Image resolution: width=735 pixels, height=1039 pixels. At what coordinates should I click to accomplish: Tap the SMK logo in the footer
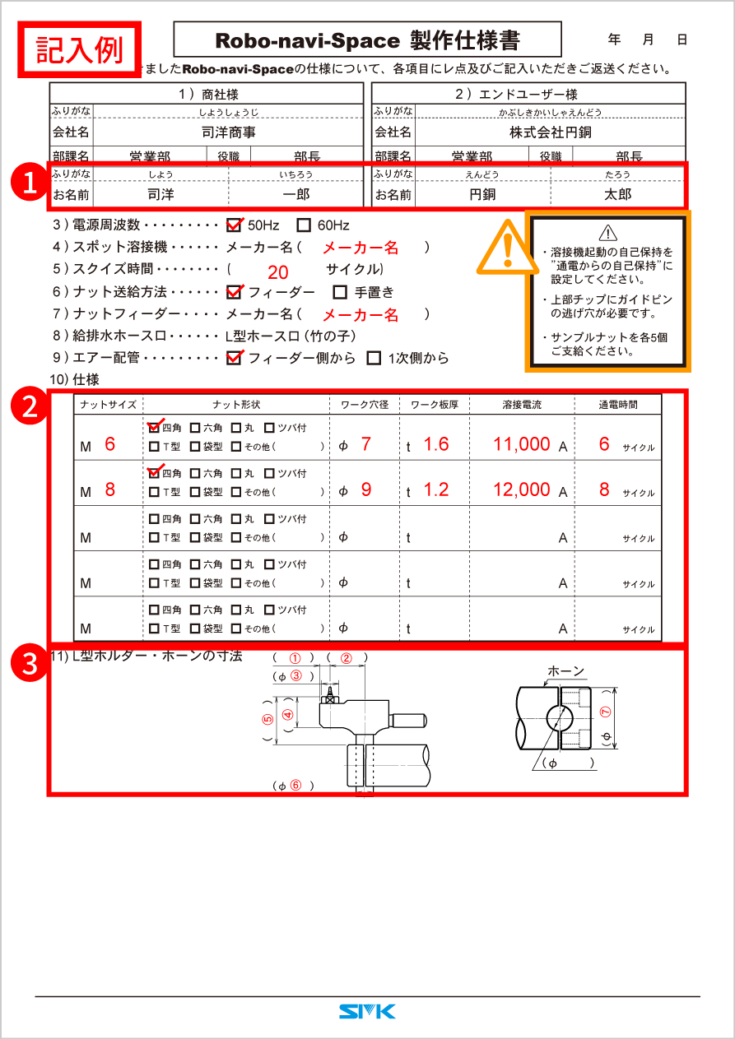tap(367, 1011)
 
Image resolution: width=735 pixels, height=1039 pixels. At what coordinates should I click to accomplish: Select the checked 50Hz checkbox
tap(235, 225)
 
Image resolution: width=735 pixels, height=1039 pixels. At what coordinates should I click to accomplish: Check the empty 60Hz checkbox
tap(304, 225)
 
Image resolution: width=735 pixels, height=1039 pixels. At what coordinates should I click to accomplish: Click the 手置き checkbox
tap(340, 291)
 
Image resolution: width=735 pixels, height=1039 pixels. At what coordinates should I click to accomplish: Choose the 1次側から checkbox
tap(374, 358)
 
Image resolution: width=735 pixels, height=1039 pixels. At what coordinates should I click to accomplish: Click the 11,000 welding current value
tap(522, 444)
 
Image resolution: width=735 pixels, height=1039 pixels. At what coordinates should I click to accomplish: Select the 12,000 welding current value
tap(522, 489)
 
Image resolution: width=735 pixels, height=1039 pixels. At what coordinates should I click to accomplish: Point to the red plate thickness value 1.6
tap(436, 444)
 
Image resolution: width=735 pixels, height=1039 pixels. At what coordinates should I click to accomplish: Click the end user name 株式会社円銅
tap(550, 132)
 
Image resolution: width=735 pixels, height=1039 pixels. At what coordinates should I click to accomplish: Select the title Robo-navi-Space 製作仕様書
tap(367, 40)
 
